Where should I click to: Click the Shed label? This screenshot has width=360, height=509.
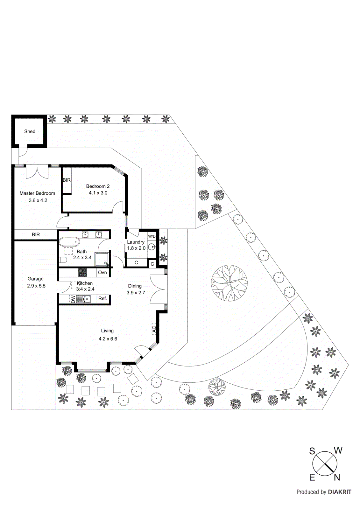30,131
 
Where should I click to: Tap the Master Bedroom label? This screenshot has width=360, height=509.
37,193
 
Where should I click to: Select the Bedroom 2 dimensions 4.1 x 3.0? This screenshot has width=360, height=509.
98,193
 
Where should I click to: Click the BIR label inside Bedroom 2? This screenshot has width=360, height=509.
67,180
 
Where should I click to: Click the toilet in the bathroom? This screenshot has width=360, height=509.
63,260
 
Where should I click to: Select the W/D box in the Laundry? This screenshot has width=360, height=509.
152,236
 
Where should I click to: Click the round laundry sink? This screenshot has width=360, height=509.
152,247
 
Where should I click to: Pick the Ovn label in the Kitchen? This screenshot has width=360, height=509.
102,272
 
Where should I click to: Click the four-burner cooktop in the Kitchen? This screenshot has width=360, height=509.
82,272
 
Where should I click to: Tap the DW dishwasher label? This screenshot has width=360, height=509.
73,299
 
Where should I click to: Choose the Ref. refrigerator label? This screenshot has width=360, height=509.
102,298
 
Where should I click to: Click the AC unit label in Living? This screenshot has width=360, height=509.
154,329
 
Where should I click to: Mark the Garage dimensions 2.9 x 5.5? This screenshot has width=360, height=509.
36,286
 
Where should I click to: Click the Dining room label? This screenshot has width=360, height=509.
135,286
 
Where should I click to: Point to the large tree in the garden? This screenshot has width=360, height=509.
229,283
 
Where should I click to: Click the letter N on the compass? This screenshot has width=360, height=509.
337,477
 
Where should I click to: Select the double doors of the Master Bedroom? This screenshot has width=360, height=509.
37,172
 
